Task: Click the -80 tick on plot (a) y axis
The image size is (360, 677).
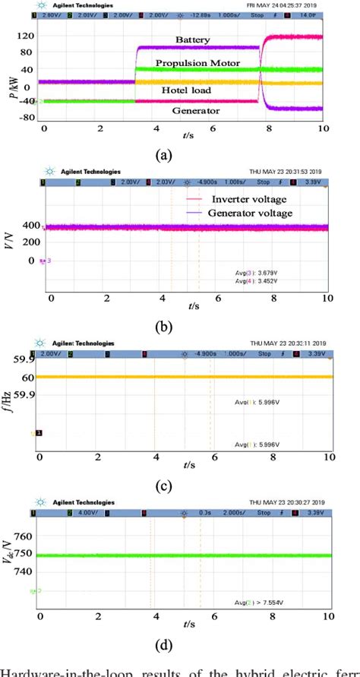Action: point(27,118)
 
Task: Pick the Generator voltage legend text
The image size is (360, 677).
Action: point(257,214)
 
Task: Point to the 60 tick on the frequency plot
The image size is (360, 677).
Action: point(29,377)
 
